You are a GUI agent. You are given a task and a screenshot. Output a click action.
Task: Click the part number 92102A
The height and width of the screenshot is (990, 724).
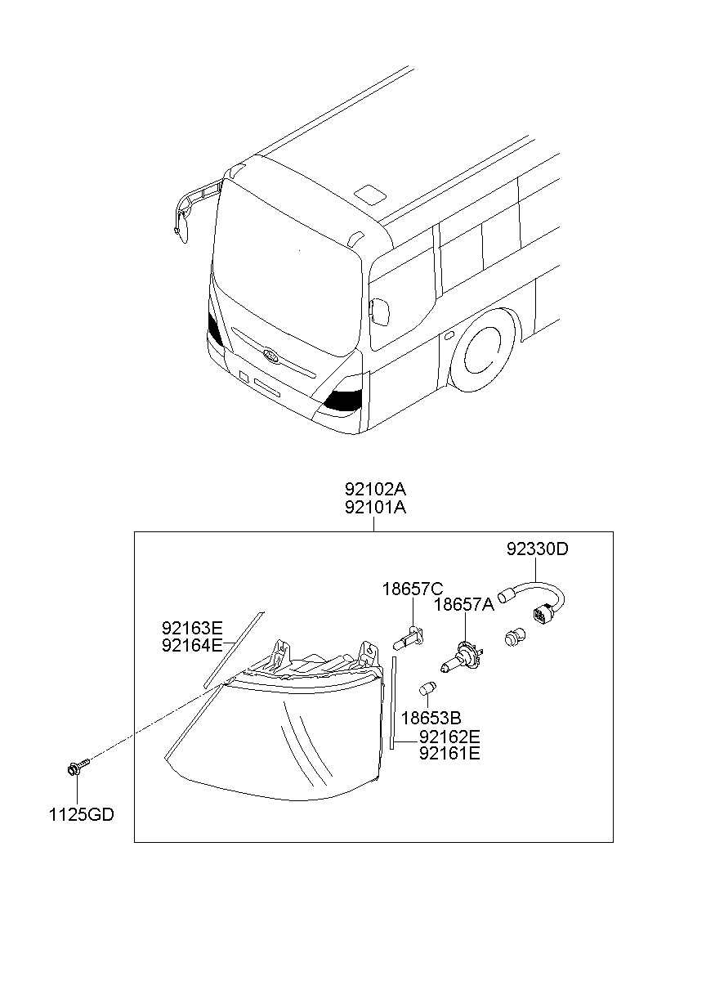375,490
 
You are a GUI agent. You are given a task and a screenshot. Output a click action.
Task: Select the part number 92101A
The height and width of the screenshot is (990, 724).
375,508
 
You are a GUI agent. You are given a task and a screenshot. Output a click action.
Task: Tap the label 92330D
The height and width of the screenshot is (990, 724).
537,549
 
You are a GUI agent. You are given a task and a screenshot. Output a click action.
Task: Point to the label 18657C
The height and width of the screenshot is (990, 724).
412,589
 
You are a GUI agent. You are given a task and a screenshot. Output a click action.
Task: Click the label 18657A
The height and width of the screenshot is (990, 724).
463,605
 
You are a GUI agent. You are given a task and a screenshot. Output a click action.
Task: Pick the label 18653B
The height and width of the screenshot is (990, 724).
431,719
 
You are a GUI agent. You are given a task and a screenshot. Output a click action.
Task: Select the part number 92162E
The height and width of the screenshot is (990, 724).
449,737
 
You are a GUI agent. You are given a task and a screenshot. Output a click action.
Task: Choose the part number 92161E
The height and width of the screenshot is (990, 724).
449,754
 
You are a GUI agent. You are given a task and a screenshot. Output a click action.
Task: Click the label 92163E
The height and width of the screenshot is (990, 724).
192,628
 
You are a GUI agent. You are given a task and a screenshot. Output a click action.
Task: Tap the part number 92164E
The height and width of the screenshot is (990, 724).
192,645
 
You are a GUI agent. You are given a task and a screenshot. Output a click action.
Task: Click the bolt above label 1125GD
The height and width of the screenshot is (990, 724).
78,767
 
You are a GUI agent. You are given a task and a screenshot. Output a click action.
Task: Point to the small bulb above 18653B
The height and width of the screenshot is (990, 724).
427,688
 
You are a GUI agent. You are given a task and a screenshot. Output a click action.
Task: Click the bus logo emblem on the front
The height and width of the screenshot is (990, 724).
270,355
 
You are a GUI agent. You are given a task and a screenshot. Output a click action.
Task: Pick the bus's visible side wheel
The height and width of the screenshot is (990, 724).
482,351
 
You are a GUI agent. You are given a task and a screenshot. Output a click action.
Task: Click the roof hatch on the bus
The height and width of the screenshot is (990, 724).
369,194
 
